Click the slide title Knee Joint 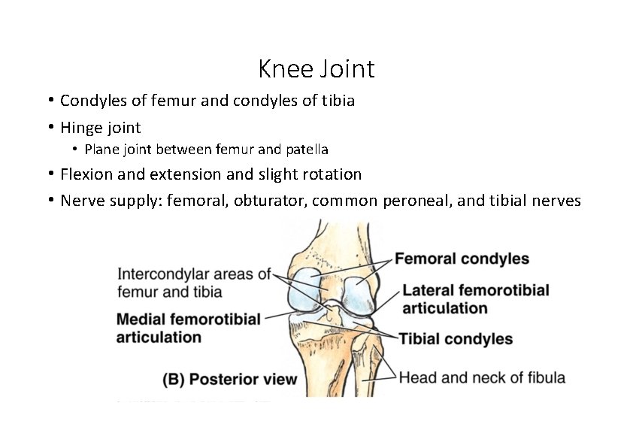click(x=316, y=69)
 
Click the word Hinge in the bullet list click(x=80, y=128)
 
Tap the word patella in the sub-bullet click(x=306, y=150)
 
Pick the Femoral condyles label click(x=462, y=259)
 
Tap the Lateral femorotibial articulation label click(x=475, y=299)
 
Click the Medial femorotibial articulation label click(x=188, y=328)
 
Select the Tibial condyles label click(x=456, y=339)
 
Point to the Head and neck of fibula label click(x=482, y=377)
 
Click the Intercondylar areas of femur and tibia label click(x=193, y=282)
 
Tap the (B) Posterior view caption click(x=230, y=380)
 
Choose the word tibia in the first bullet click(x=338, y=100)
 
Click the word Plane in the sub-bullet click(x=98, y=150)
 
